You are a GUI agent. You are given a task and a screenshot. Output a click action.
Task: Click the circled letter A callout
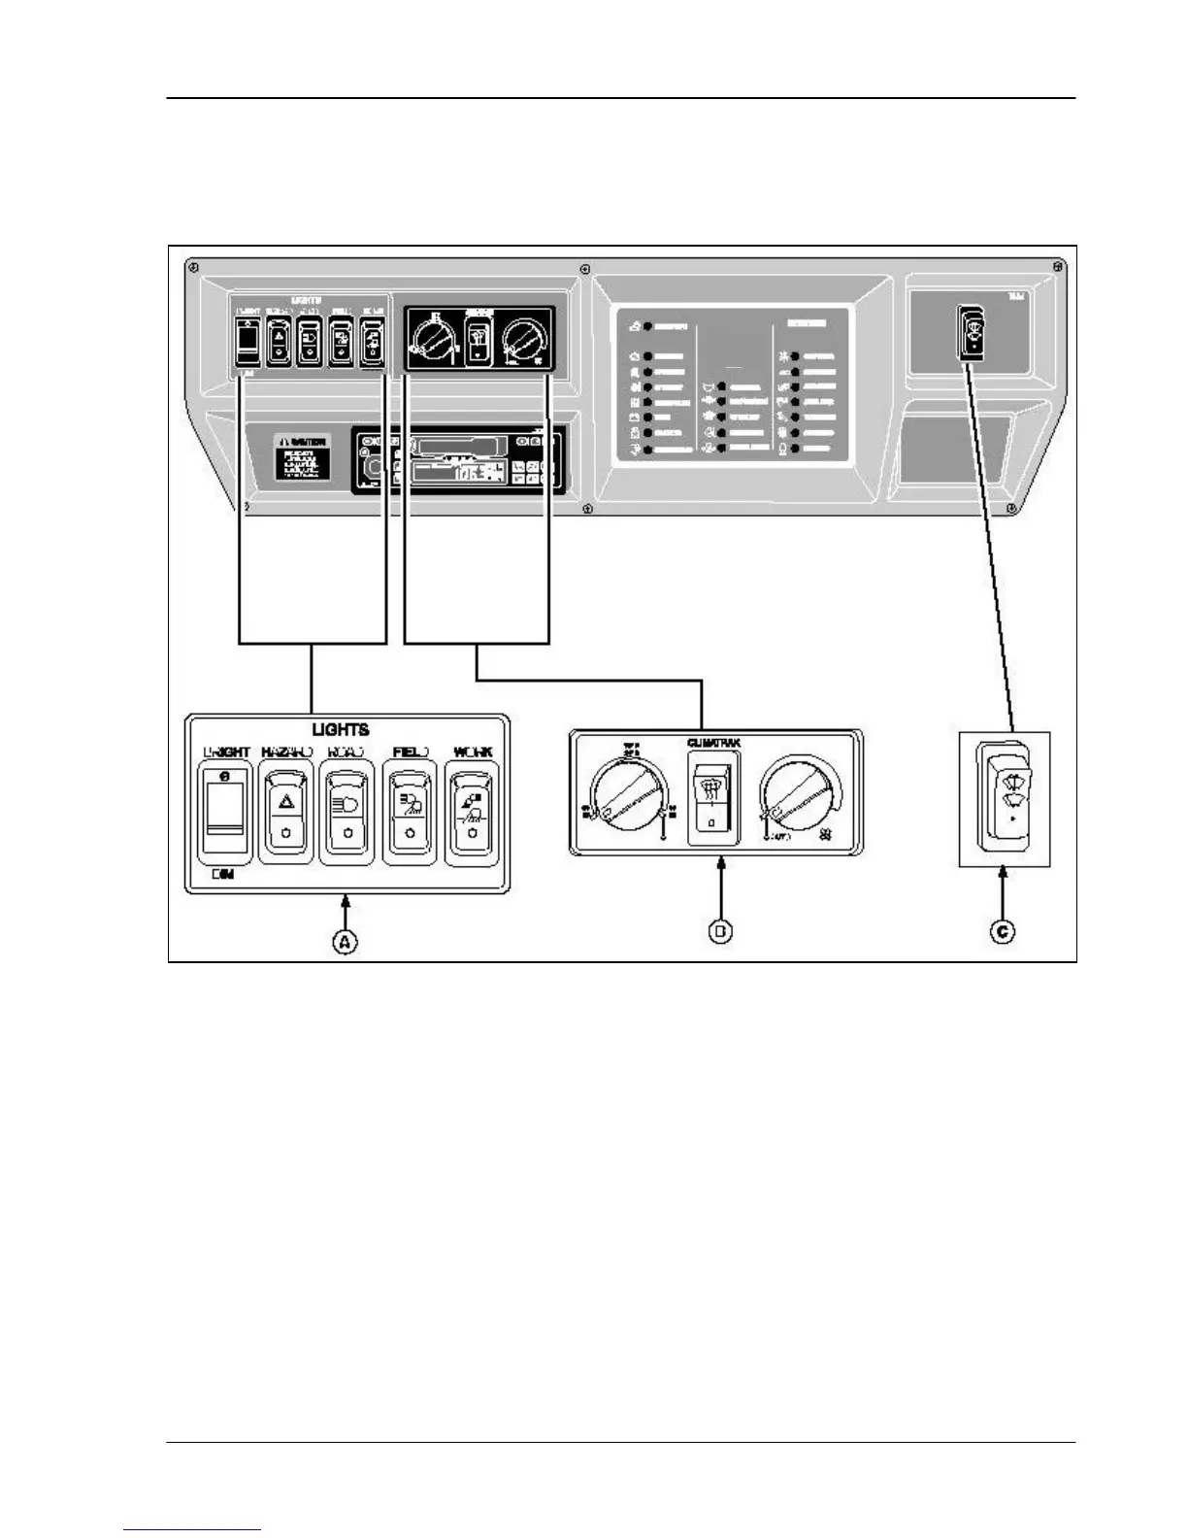coord(346,940)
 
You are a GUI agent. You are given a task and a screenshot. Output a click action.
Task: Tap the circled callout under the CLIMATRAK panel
coord(720,931)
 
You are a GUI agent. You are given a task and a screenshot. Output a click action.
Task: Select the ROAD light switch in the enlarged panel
coord(346,812)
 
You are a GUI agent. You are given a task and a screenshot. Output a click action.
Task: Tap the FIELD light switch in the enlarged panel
coord(412,812)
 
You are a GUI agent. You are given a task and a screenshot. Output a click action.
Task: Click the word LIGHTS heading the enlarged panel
coord(340,729)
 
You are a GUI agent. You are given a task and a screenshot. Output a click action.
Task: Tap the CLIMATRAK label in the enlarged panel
coord(713,744)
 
